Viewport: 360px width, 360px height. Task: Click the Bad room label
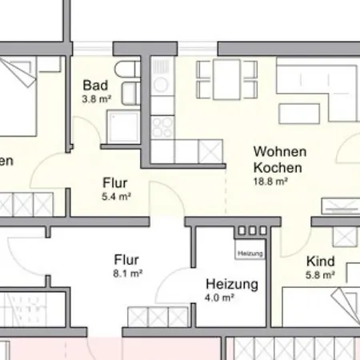pyautogui.click(x=95, y=85)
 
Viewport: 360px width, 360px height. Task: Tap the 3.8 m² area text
pyautogui.click(x=96, y=100)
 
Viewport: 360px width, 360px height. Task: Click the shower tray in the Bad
pyautogui.click(x=126, y=125)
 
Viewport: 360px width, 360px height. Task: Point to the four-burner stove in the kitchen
pyautogui.click(x=162, y=125)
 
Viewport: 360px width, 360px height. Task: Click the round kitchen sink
pyautogui.click(x=161, y=83)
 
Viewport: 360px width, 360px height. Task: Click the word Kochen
pyautogui.click(x=277, y=167)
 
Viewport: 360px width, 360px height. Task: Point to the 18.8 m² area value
pyautogui.click(x=270, y=182)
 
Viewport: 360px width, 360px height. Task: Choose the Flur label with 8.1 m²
pyautogui.click(x=127, y=259)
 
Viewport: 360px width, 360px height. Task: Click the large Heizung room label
pyautogui.click(x=231, y=283)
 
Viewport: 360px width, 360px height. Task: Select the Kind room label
pyautogui.click(x=319, y=260)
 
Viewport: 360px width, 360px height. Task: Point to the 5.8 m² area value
pyautogui.click(x=319, y=275)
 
